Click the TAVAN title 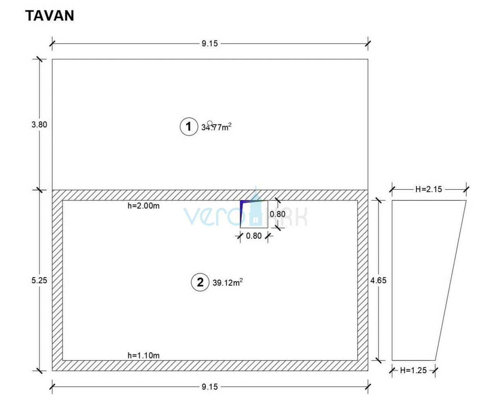[x=49, y=16]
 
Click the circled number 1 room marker [x=189, y=126]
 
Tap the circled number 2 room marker [x=200, y=282]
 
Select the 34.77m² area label [x=216, y=127]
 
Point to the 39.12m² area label [x=227, y=282]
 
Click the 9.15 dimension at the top [x=210, y=44]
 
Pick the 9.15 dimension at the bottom [x=210, y=387]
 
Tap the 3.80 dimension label [x=40, y=125]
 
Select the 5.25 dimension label [x=40, y=280]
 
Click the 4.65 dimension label [x=378, y=280]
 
